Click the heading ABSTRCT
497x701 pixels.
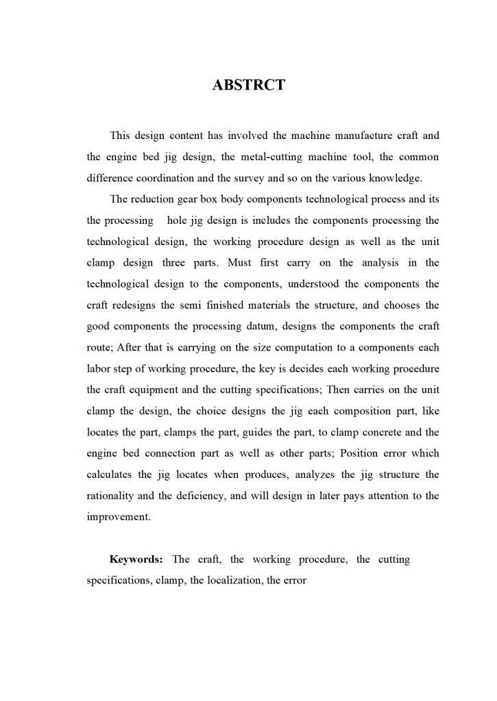click(248, 86)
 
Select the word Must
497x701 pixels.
click(239, 263)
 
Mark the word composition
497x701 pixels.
click(356, 411)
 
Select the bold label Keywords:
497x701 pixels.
click(136, 559)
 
